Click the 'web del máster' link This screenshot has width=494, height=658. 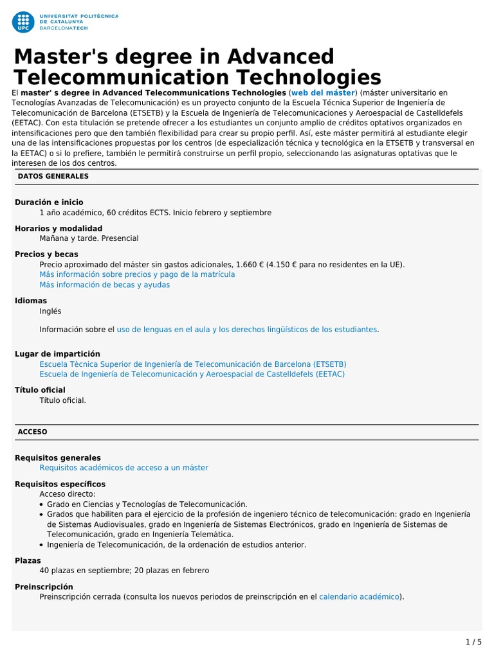pyautogui.click(x=323, y=93)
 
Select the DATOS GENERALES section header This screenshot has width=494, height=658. pyautogui.click(x=53, y=175)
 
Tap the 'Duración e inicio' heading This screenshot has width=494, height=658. pyautogui.click(x=49, y=202)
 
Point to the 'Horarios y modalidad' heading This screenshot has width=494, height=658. pyautogui.click(x=59, y=228)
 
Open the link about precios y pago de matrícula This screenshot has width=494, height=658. pyautogui.click(x=137, y=274)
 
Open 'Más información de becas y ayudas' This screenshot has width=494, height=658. pyautogui.click(x=104, y=285)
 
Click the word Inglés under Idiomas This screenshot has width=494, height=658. pyautogui.click(x=50, y=311)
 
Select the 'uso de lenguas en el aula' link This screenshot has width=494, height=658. pyautogui.click(x=246, y=329)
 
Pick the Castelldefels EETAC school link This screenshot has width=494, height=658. pyautogui.click(x=192, y=373)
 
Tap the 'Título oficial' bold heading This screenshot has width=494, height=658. pyautogui.click(x=40, y=389)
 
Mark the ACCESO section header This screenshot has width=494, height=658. pyautogui.click(x=32, y=432)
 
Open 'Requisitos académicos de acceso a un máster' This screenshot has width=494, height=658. pyautogui.click(x=123, y=468)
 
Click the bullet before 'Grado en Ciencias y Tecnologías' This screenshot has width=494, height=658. pyautogui.click(x=42, y=504)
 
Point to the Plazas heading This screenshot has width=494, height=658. pyautogui.click(x=28, y=560)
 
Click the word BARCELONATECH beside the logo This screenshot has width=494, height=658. pyautogui.click(x=64, y=29)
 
